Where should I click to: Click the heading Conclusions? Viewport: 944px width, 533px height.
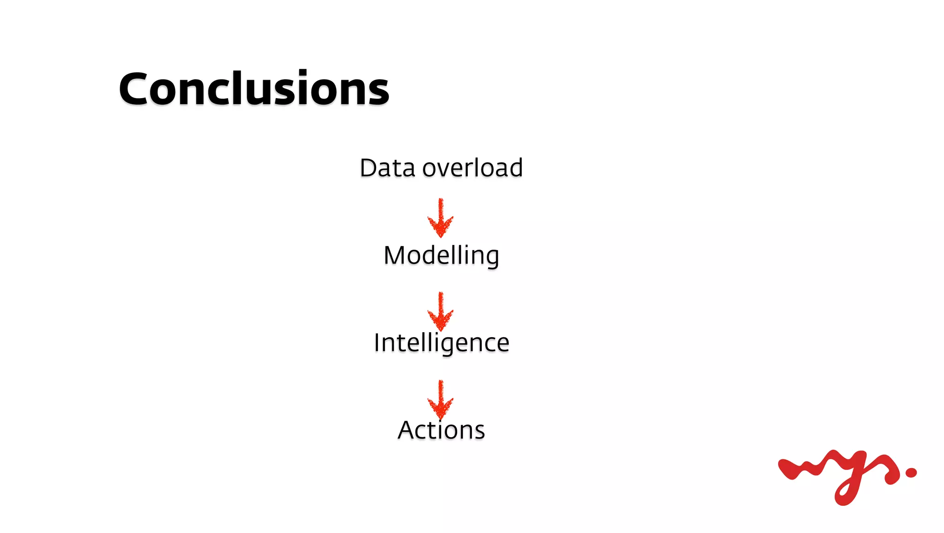254,88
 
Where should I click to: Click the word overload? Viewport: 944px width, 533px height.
472,168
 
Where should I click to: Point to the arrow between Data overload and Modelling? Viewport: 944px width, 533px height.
441,218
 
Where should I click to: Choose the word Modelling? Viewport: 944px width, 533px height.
441,256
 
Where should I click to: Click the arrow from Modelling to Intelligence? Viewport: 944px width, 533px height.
441,311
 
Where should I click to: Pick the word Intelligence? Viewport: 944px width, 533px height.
441,343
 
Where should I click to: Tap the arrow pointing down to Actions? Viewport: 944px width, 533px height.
441,399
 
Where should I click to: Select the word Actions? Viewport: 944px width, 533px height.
441,430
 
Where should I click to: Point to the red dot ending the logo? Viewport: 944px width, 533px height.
911,473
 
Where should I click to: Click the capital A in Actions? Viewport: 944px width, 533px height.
407,430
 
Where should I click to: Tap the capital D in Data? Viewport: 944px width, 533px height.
369,168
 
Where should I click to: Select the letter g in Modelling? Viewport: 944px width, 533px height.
491,258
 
